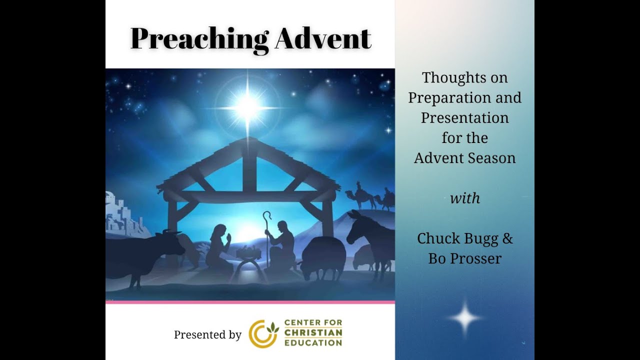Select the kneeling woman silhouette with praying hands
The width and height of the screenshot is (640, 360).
218,248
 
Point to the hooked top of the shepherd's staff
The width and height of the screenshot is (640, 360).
267,216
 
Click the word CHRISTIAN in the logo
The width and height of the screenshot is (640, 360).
313,333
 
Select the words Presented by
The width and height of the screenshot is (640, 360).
207,334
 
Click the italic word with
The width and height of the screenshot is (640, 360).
465,198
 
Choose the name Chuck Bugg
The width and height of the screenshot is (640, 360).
458,238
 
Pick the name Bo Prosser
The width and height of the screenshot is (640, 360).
465,258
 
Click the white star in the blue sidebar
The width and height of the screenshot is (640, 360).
464,318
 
